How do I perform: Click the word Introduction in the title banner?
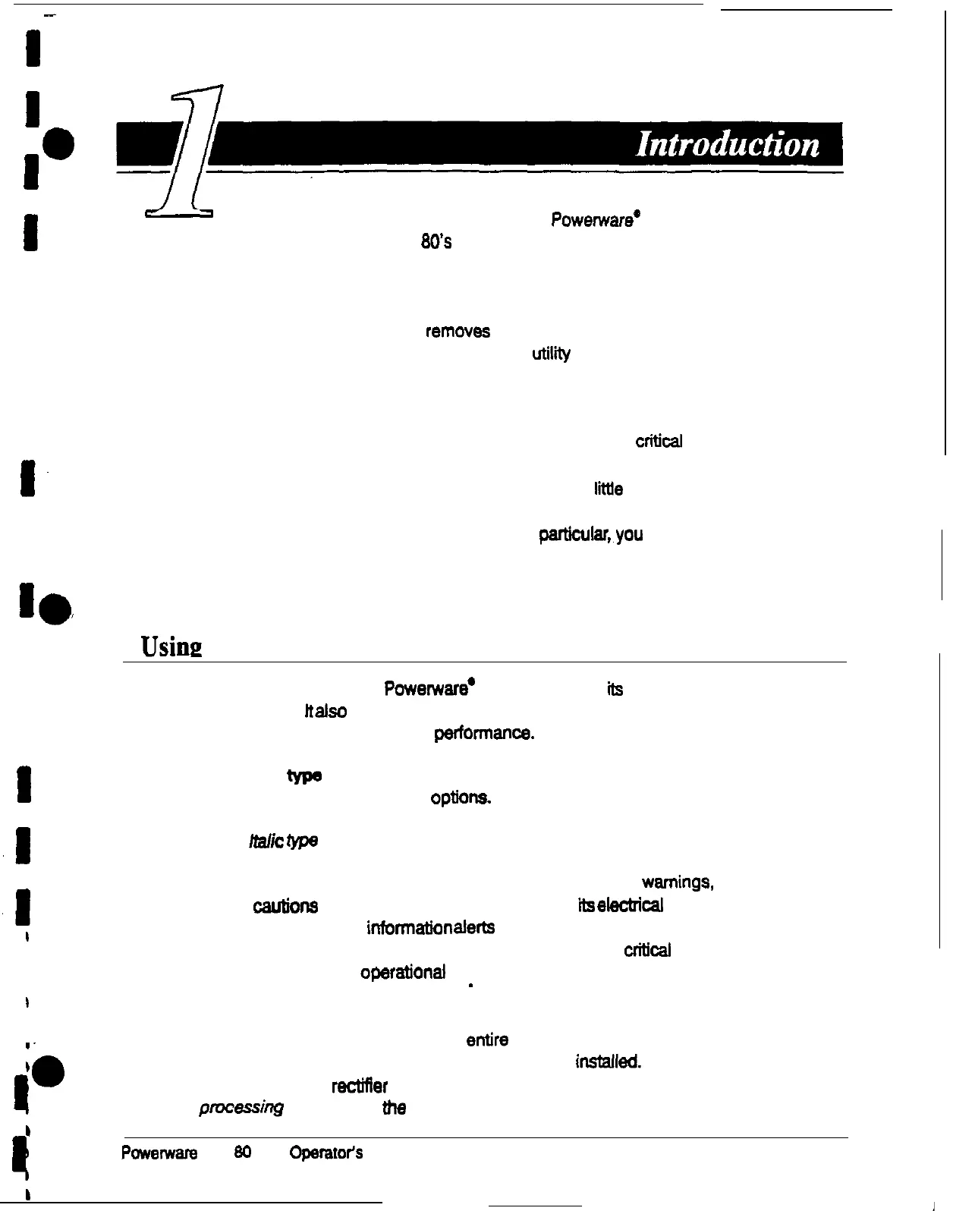(728, 144)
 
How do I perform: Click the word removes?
(458, 332)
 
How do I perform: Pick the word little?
(609, 489)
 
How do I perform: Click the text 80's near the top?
(437, 242)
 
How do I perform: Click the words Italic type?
(283, 841)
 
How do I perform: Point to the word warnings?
(677, 882)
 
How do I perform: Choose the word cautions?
(285, 907)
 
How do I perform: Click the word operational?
(402, 972)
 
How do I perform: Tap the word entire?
(487, 1040)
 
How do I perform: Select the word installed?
(609, 1062)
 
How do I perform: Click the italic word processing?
(241, 1108)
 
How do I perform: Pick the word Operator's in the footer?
(325, 1153)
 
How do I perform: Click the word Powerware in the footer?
(159, 1153)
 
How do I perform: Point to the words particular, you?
(590, 534)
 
